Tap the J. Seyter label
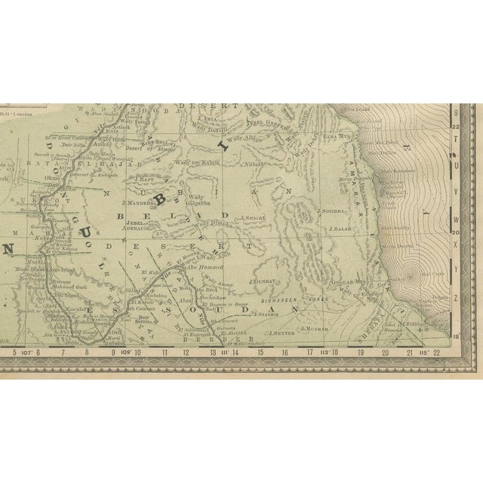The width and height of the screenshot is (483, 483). point(281,331)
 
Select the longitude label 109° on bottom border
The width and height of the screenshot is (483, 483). point(124,352)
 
